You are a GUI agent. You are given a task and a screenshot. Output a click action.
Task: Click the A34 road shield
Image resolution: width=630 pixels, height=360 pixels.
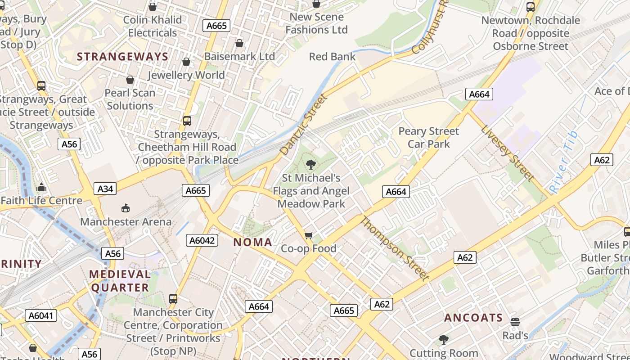point(105,189)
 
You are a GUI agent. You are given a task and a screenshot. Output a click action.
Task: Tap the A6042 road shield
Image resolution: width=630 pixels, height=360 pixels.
point(202,241)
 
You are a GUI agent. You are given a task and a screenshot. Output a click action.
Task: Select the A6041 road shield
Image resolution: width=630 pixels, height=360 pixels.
point(41,315)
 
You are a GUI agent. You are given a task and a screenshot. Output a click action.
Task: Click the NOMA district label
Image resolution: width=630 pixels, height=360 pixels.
point(252,242)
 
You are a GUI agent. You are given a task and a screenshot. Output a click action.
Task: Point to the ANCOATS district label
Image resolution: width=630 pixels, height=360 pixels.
point(473,318)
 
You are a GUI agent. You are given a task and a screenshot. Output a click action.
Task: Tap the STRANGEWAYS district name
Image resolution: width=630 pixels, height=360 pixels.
point(122,57)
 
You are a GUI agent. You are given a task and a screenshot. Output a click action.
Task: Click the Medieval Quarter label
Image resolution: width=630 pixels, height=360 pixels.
point(120,281)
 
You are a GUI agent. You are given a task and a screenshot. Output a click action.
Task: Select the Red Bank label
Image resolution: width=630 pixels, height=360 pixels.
point(332,57)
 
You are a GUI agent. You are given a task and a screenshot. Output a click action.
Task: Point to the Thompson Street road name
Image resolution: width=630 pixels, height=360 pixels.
point(395,248)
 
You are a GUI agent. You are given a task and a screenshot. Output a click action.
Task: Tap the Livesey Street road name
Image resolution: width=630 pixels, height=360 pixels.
point(507,153)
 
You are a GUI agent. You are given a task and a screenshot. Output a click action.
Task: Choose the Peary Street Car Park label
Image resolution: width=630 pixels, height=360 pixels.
point(428,138)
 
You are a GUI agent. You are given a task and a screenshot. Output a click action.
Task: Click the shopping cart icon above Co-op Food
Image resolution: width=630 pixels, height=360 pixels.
point(308,235)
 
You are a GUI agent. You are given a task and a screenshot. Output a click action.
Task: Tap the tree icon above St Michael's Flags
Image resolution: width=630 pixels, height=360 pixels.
point(310,165)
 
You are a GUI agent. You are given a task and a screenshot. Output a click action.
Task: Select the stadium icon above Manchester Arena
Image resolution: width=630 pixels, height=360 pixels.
point(126,208)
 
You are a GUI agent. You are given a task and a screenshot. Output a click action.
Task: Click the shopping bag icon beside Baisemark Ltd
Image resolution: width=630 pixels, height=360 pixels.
point(239,43)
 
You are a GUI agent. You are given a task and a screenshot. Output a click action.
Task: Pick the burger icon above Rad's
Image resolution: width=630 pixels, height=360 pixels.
point(515,322)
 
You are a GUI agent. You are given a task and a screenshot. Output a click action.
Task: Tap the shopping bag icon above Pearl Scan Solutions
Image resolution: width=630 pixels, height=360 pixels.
point(130,80)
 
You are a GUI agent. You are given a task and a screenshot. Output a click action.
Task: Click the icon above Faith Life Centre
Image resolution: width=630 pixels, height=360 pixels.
point(41,187)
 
